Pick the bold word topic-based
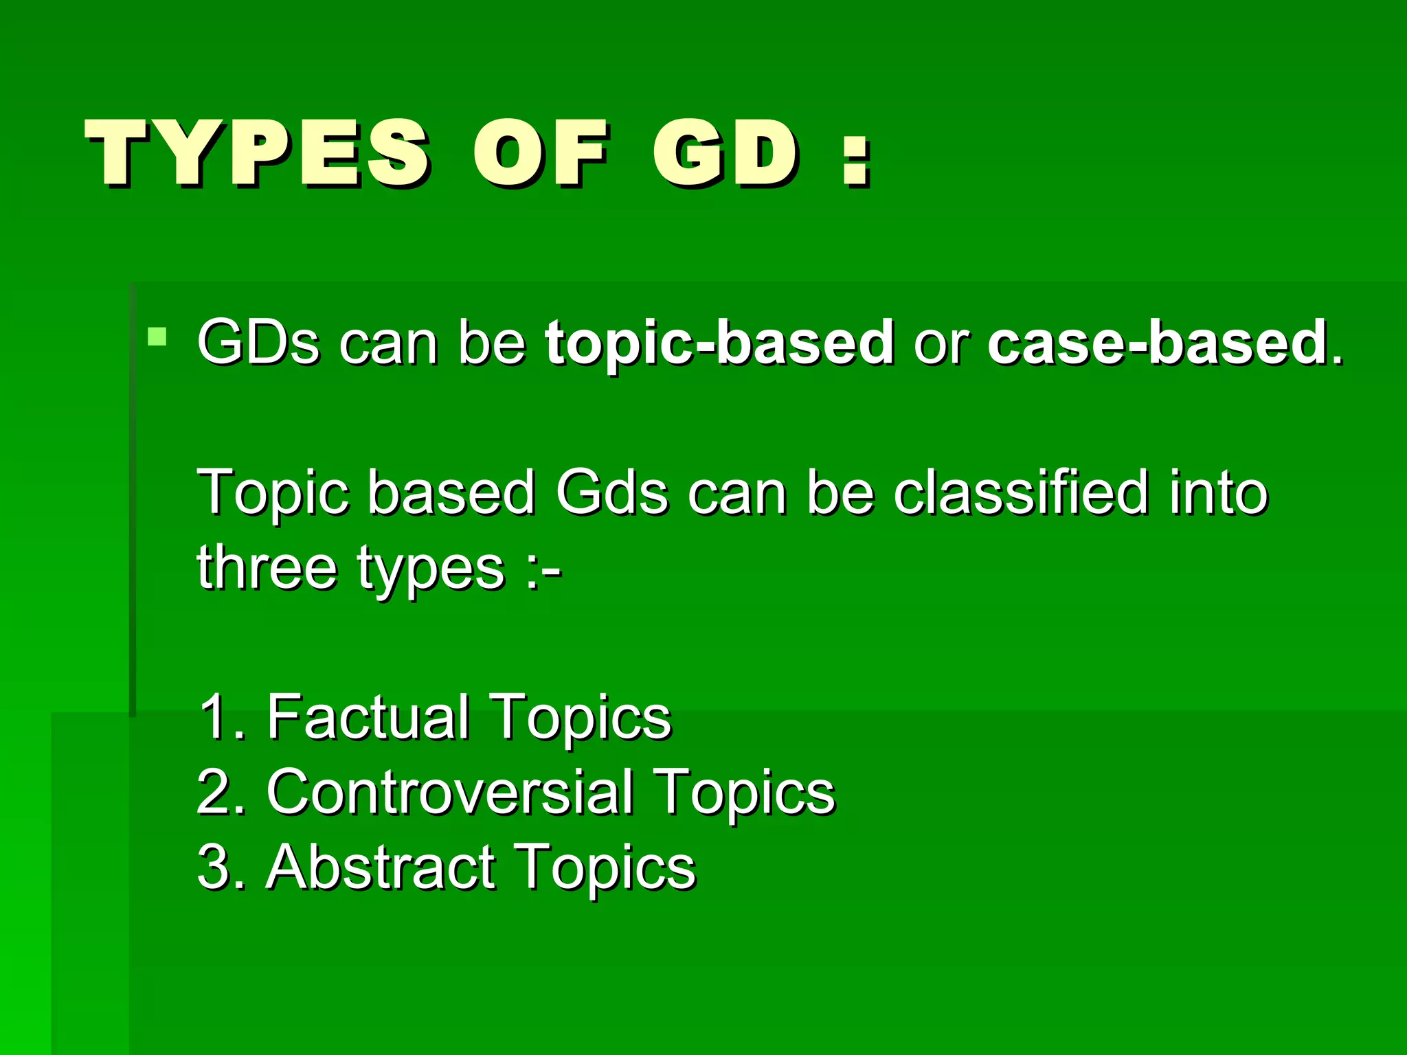(x=719, y=342)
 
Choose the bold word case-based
(x=1157, y=342)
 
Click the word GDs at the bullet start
(x=258, y=342)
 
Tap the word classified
(x=1021, y=492)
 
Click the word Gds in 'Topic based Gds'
(x=611, y=492)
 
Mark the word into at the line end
(x=1218, y=492)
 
